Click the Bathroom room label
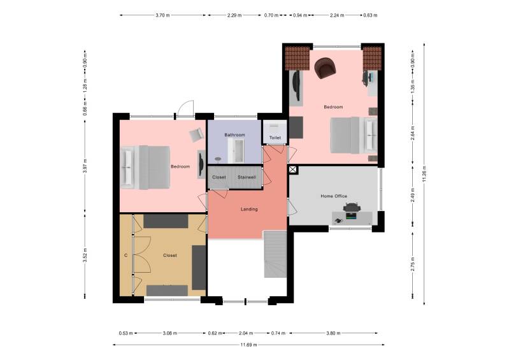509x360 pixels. point(234,135)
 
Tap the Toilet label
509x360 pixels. point(275,137)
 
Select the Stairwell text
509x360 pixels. point(247,177)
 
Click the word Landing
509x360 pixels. point(249,209)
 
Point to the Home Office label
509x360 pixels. point(333,196)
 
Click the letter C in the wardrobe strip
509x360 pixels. point(125,256)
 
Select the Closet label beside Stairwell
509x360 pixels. point(219,177)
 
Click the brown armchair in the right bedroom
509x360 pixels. point(326,67)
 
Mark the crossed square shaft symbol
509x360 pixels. point(293,170)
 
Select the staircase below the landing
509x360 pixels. point(276,255)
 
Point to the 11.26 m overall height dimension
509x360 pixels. point(424,172)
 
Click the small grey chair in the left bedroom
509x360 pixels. point(195,134)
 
